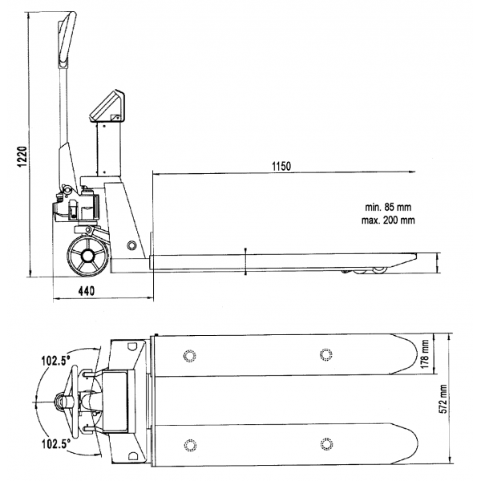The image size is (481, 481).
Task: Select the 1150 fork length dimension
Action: (x=281, y=166)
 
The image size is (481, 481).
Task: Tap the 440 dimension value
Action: (x=87, y=291)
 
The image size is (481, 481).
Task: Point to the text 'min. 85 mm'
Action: (x=388, y=207)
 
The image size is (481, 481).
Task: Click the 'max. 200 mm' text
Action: (x=388, y=220)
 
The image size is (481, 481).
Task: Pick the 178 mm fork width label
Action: (x=425, y=354)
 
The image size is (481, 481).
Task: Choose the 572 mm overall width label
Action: (x=443, y=399)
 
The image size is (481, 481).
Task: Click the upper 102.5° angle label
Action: (x=54, y=361)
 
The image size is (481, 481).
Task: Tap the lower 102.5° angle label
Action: (x=55, y=443)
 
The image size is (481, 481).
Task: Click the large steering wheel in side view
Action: (x=87, y=256)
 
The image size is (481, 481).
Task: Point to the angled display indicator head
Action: (x=107, y=106)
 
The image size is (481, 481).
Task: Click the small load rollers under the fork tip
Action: (x=365, y=271)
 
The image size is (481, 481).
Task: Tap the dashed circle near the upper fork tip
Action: (x=325, y=354)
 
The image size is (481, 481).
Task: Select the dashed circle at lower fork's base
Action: (x=190, y=445)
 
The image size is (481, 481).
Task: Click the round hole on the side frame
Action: (x=132, y=245)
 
